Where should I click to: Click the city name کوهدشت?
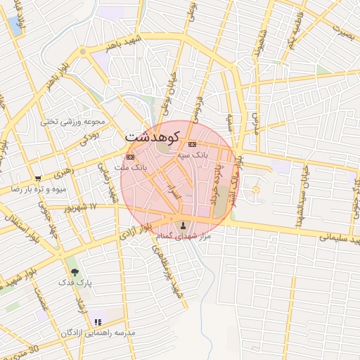tap(153, 136)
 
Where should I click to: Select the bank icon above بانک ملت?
tap(129, 157)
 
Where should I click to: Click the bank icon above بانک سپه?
tap(192, 143)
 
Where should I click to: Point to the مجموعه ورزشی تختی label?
tap(72, 121)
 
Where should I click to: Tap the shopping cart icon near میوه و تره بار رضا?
tap(37, 179)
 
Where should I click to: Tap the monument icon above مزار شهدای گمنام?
tap(185, 226)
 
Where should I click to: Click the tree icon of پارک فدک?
tap(74, 271)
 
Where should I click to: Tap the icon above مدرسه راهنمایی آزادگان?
tap(98, 322)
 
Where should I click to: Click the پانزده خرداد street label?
tap(217, 183)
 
